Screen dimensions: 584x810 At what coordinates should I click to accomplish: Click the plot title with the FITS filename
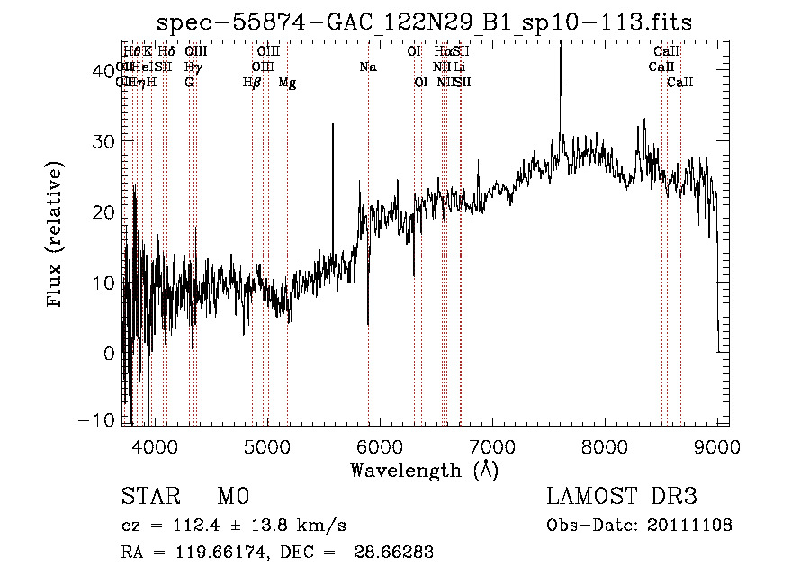click(424, 22)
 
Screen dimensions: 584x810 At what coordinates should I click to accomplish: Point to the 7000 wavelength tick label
click(492, 445)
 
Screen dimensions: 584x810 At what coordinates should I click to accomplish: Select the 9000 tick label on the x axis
click(717, 445)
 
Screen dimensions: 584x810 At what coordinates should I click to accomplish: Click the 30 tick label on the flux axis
click(104, 141)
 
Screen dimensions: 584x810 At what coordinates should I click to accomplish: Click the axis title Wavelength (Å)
click(424, 470)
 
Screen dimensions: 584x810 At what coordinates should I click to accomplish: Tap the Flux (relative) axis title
click(58, 235)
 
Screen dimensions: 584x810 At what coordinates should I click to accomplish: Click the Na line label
click(368, 67)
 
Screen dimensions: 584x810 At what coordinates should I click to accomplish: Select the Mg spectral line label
click(287, 83)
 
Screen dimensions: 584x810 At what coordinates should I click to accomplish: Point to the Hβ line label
click(252, 83)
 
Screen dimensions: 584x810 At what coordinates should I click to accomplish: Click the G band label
click(189, 83)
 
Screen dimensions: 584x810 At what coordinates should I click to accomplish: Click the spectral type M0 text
click(232, 498)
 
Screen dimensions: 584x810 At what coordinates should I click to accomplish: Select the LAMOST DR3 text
click(622, 498)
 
